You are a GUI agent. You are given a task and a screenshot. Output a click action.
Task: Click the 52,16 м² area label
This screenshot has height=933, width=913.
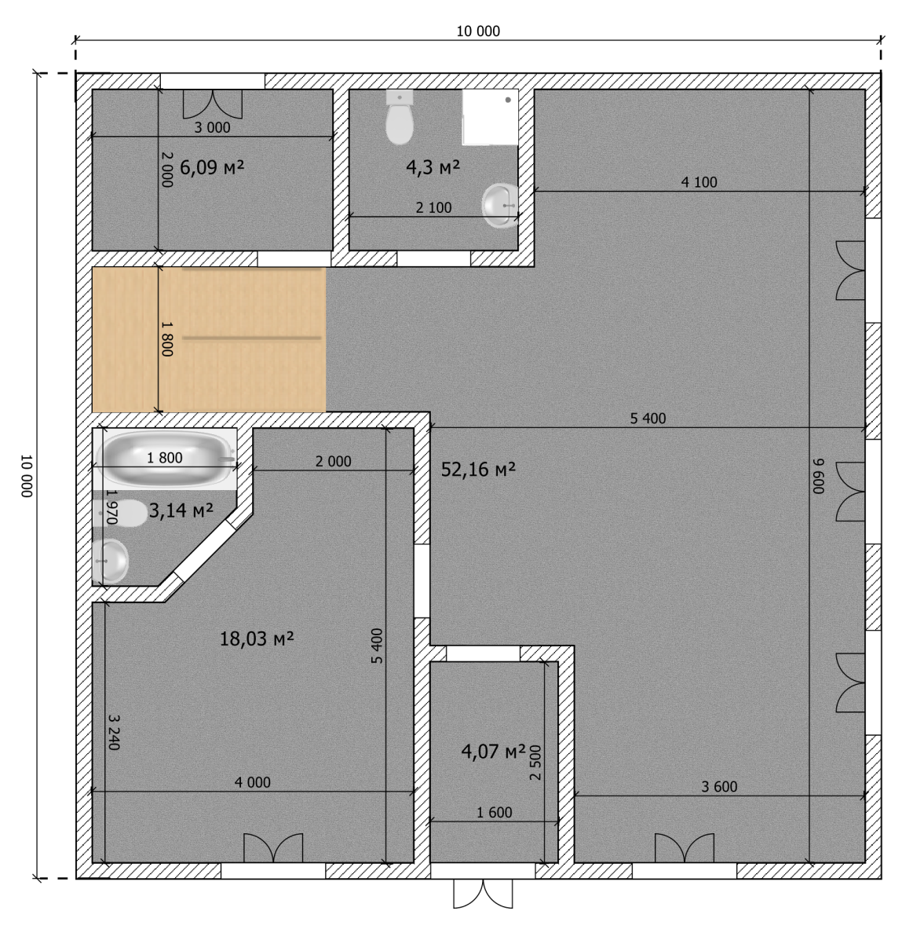pyautogui.click(x=477, y=470)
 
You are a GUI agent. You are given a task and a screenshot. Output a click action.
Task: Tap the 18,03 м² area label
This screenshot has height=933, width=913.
pyautogui.click(x=257, y=639)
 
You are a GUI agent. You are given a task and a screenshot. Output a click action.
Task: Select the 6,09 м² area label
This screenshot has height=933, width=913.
pyautogui.click(x=212, y=167)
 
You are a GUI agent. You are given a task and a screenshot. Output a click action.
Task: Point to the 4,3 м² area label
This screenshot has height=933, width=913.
pyautogui.click(x=433, y=167)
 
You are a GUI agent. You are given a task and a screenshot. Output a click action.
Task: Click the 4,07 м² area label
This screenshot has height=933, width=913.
pyautogui.click(x=493, y=752)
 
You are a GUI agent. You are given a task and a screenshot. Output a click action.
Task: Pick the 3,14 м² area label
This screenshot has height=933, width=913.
pyautogui.click(x=181, y=510)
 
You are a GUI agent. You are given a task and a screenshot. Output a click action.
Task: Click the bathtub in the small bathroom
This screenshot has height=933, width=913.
pyautogui.click(x=165, y=458)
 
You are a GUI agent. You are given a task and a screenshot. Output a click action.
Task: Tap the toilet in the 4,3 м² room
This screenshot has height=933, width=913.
pyautogui.click(x=399, y=117)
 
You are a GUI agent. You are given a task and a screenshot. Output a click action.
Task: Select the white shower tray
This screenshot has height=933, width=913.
pyautogui.click(x=490, y=117)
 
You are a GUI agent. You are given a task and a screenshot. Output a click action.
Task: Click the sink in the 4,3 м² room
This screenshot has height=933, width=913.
pyautogui.click(x=500, y=206)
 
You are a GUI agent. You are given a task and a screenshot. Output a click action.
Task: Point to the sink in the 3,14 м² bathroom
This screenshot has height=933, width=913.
pyautogui.click(x=111, y=561)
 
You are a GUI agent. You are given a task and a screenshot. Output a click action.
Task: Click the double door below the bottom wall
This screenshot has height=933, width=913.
pyautogui.click(x=483, y=893)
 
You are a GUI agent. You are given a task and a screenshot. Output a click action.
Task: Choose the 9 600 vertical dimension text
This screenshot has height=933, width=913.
pyautogui.click(x=819, y=476)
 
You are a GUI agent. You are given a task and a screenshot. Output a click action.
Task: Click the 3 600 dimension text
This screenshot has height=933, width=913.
pyautogui.click(x=719, y=787)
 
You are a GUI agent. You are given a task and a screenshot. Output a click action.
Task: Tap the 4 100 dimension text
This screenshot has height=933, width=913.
pyautogui.click(x=699, y=182)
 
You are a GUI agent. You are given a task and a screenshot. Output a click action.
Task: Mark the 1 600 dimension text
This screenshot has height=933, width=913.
pyautogui.click(x=495, y=813)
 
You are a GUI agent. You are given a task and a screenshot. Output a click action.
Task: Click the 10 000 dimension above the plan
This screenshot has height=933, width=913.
pyautogui.click(x=478, y=31)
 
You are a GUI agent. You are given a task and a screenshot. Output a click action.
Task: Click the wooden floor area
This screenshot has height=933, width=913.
pyautogui.click(x=209, y=339)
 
